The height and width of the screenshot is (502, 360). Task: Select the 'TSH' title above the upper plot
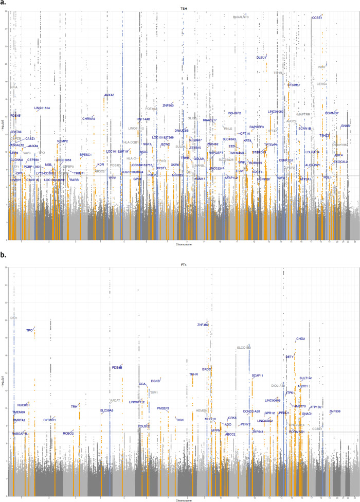coord(184,9)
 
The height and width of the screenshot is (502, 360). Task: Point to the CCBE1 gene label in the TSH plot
coord(317,17)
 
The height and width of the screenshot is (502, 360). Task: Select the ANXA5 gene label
coord(109,95)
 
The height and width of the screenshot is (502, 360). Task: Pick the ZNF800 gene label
coord(168,105)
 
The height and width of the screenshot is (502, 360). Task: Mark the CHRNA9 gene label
coord(88,119)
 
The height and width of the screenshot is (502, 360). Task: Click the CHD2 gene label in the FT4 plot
coord(300,339)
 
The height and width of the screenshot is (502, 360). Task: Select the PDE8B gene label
coord(117,367)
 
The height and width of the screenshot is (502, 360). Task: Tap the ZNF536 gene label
coord(335,411)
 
